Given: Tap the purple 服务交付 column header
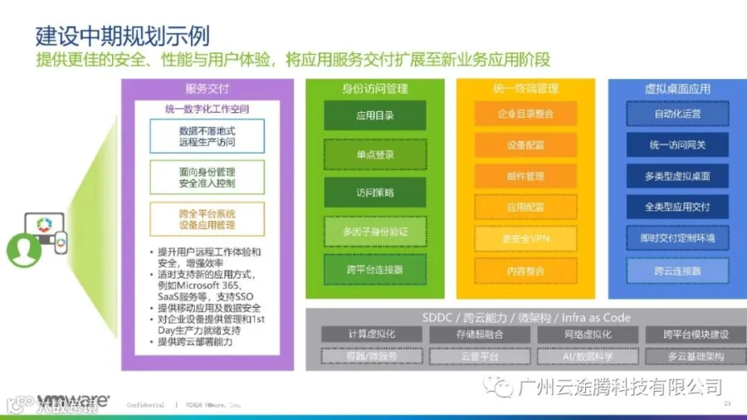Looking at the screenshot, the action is (207, 89).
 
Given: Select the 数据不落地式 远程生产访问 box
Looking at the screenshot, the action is (207, 136).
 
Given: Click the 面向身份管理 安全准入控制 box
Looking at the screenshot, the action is (207, 176).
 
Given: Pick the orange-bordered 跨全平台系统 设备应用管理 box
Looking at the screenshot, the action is (207, 219).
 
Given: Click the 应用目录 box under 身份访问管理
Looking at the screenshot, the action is (374, 115).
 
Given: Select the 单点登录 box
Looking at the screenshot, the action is (374, 154).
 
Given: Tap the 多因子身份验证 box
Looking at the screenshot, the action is (374, 232).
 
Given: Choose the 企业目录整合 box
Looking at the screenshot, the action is (525, 114).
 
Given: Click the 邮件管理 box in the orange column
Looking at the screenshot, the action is (525, 176).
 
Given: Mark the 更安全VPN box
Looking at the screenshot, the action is (525, 239).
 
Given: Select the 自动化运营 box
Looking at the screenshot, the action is (677, 114).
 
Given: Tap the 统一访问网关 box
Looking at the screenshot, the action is (677, 145).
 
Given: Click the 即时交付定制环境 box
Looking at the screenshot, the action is (677, 239).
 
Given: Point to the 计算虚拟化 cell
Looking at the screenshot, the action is (371, 335).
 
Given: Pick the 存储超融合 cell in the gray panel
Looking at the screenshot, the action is (480, 335).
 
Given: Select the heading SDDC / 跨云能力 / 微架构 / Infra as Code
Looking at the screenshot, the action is (526, 317).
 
